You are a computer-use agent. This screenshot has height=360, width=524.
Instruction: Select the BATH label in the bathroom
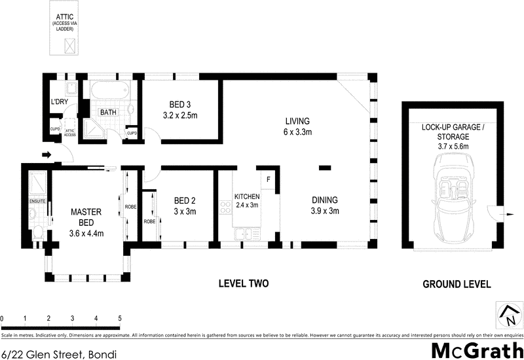point(108,112)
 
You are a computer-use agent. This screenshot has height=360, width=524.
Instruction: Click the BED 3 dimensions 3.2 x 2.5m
point(179,115)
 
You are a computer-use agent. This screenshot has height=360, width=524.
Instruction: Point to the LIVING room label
point(297,121)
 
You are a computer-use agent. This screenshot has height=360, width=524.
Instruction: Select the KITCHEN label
point(247,196)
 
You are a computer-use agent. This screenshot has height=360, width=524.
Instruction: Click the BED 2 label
point(184,201)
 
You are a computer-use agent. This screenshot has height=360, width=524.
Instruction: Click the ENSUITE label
point(37,202)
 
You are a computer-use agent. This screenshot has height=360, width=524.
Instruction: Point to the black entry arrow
point(45,155)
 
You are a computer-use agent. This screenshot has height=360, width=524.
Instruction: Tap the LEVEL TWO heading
point(243,283)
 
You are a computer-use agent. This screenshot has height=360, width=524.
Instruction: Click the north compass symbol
point(508,316)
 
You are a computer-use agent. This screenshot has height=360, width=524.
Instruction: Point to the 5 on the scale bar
point(120,318)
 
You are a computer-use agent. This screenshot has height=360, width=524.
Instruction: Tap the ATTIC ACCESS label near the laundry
point(71,132)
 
